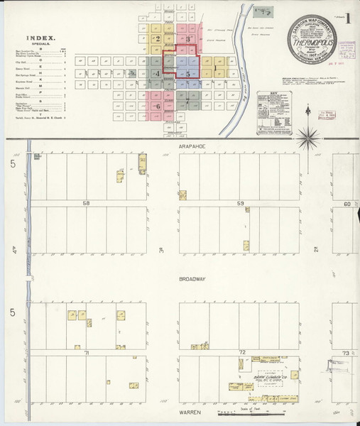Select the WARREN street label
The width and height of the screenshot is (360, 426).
190,412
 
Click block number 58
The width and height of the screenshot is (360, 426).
87,204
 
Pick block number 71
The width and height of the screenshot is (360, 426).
87,352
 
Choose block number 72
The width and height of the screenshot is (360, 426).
241,352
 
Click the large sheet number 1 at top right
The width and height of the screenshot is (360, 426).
347,18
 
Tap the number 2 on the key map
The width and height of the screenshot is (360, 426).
158,39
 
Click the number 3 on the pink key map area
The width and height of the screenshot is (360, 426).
187,39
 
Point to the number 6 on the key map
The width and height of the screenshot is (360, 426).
157,106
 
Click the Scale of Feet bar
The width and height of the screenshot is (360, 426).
241,411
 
